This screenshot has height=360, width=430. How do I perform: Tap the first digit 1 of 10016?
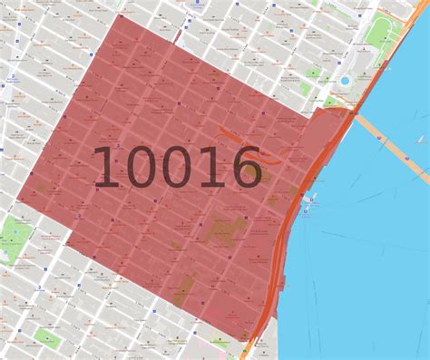[106, 168]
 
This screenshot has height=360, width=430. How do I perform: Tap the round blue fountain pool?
[345, 82]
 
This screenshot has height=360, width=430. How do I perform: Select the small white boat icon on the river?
[420, 140]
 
